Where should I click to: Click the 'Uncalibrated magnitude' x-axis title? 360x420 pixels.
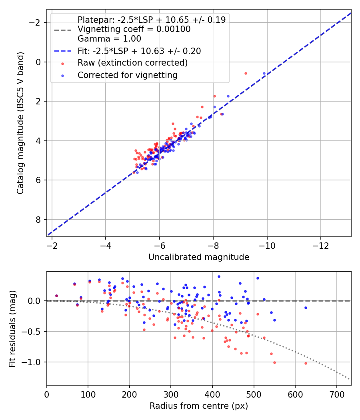click(199, 257)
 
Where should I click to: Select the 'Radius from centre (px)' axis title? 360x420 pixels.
click(199, 406)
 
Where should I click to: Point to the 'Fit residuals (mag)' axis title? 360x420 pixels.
click(12, 329)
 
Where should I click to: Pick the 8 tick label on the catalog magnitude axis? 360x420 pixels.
click(38, 220)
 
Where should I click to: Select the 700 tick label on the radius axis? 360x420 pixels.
click(336, 394)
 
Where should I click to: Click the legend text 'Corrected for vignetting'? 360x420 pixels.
click(128, 75)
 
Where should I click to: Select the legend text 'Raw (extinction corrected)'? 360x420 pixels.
click(132, 63)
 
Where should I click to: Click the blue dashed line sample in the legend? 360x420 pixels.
click(63, 51)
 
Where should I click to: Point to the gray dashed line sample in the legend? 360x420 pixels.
click(63, 30)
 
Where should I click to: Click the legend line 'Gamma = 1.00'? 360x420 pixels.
click(109, 39)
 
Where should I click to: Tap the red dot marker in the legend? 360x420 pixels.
click(63, 64)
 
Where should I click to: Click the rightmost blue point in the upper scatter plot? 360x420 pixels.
click(264, 73)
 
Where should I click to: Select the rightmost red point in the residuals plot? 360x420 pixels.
click(306, 363)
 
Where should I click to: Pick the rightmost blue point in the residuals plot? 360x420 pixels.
click(306, 308)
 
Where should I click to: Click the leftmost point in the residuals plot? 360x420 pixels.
click(56, 296)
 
